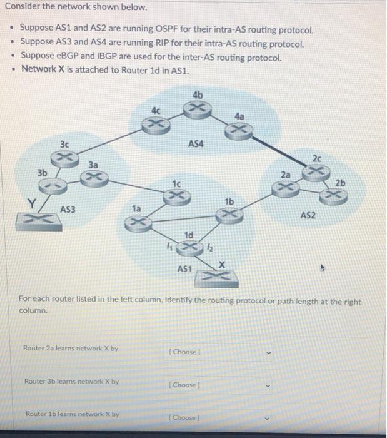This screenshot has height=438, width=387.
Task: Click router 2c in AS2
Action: pyautogui.click(x=319, y=170)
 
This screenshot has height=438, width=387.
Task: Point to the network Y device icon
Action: pyautogui.click(x=46, y=218)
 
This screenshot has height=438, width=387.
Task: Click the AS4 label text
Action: pyautogui.click(x=196, y=143)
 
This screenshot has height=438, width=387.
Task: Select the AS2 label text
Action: pyautogui.click(x=308, y=215)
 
